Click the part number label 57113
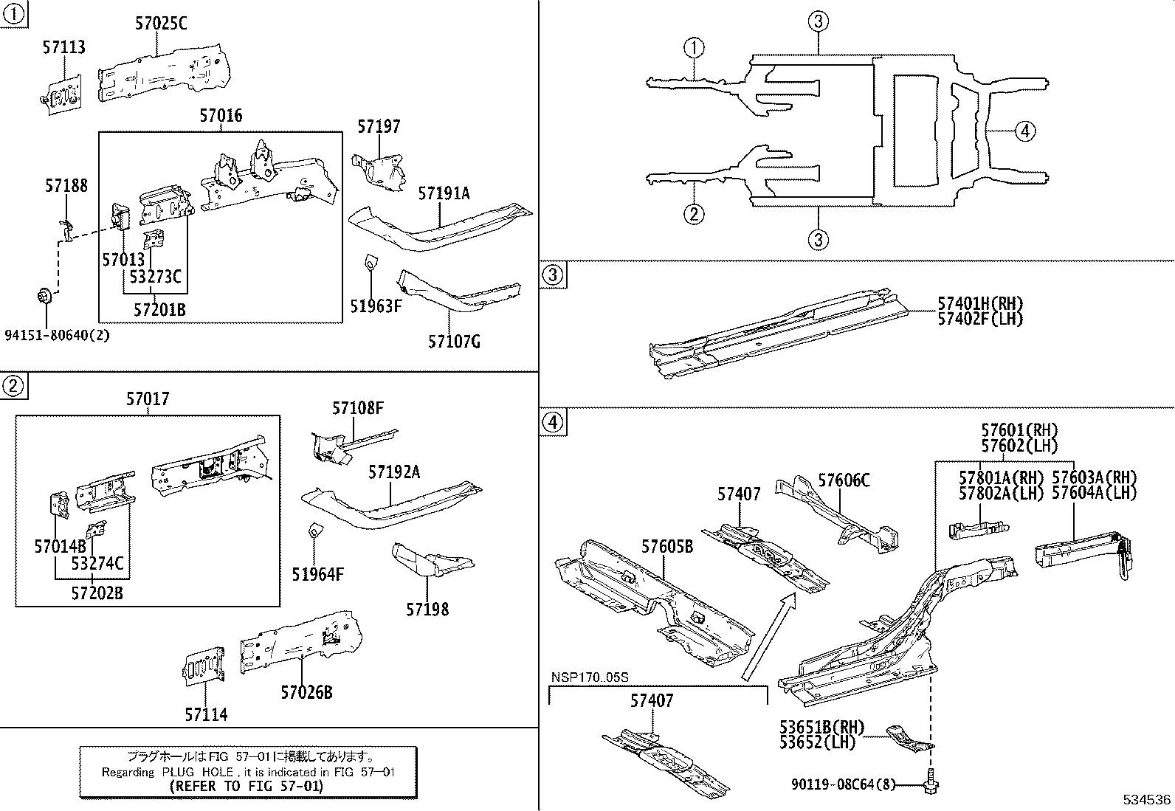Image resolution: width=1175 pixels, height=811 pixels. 63,47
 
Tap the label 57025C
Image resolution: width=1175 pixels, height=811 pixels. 161,24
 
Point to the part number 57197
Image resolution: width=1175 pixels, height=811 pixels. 379,127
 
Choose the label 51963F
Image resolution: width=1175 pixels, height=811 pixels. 375,306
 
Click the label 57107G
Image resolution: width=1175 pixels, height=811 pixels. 454,342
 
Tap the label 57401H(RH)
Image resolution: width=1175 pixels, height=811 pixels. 980,304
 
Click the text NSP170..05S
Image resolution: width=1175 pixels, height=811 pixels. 590,677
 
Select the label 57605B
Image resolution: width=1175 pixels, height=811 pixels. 666,547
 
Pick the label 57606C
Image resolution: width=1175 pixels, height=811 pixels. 844,481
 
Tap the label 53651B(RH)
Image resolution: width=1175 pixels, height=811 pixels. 821,728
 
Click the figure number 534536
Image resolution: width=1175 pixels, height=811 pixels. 1147,800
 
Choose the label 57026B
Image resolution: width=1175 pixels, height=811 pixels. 306,692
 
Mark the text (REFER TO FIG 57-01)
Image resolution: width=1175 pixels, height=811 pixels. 247,787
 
